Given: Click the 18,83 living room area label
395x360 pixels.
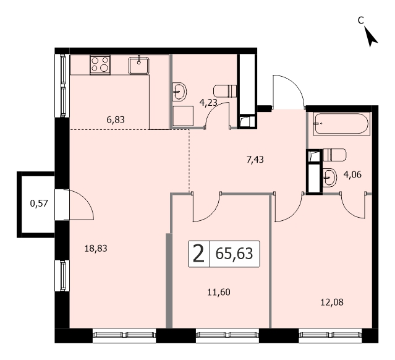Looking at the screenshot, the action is point(96,249).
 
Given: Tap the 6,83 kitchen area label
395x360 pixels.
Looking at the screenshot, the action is point(116,120).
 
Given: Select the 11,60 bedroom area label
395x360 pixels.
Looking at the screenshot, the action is point(219,292).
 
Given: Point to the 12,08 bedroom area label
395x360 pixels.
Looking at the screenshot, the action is point(332,302).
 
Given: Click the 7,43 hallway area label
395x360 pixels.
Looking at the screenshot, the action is point(255,160).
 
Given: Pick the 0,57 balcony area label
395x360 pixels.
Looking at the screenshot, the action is point(39,203).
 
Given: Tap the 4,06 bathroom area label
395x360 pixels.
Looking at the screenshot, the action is point(352,174).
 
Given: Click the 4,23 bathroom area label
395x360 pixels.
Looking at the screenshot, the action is point(208,103).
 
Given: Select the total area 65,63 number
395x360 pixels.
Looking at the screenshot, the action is point(234,254).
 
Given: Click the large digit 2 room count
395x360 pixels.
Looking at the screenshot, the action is point(198,254).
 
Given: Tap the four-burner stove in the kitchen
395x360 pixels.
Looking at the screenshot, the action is point(100,65).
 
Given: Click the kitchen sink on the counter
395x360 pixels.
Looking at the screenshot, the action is point(139,66).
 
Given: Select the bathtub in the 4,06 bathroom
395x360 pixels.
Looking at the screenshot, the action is point(341,124).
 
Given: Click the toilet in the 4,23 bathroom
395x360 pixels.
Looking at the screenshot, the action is point(225,91).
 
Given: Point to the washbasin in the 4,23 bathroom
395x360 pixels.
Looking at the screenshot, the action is point(180,92).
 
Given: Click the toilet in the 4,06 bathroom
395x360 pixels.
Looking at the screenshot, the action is point(334,155).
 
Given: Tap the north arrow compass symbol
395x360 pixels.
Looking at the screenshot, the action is point(370,37).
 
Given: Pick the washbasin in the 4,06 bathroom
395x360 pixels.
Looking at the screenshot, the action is point(329,178).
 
